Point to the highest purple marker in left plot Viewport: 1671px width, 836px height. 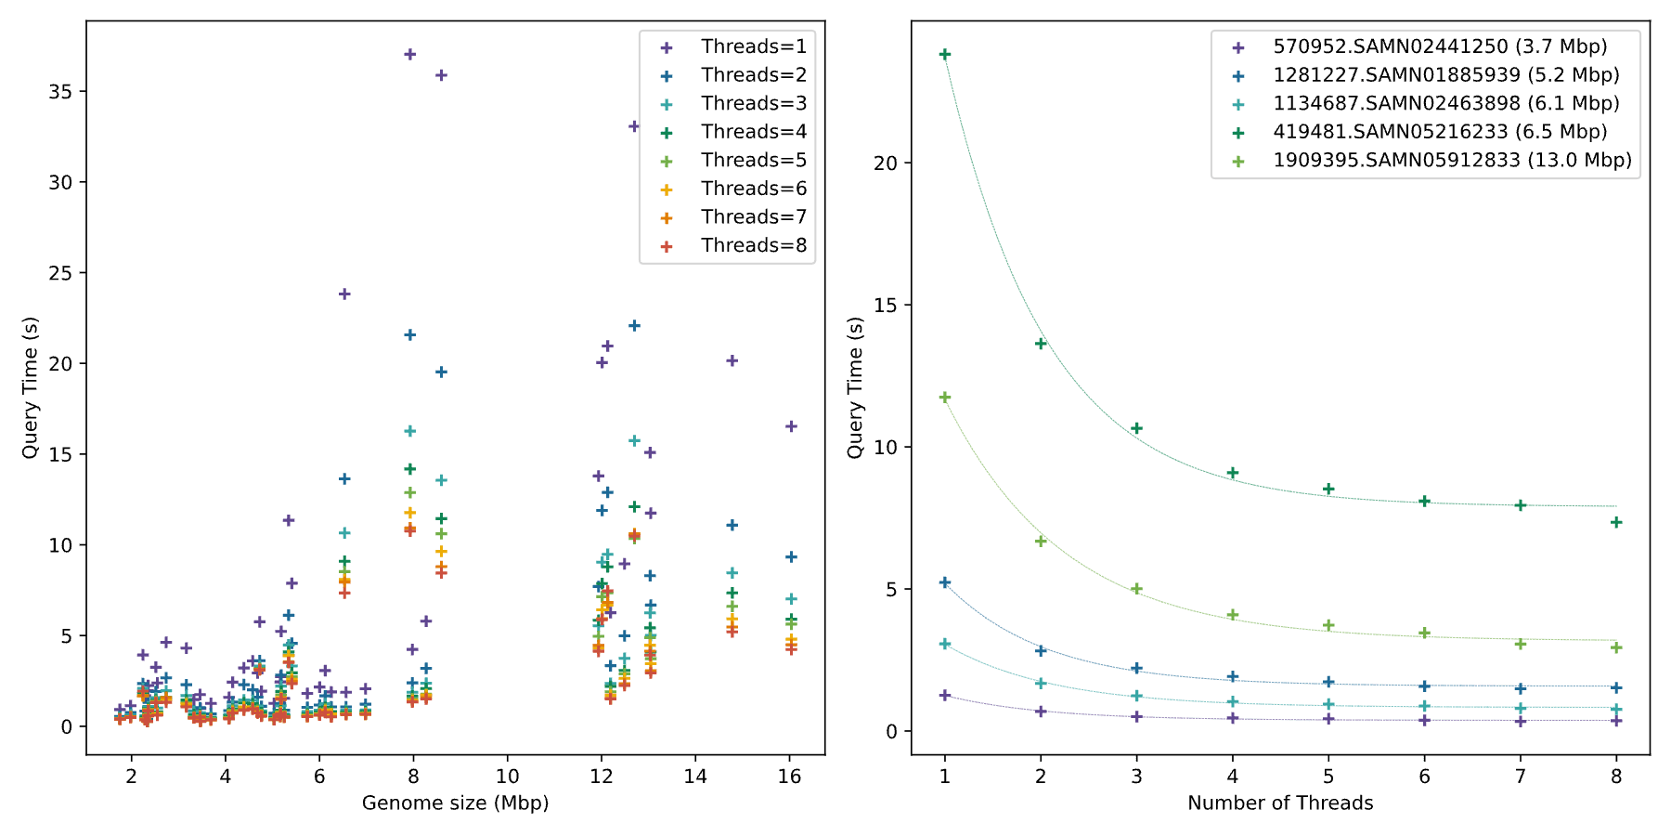point(409,54)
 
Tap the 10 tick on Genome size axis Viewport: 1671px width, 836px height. point(507,777)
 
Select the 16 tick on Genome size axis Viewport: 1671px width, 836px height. point(789,777)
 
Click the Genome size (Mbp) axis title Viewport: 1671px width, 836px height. point(455,803)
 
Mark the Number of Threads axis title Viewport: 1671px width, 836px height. point(1280,803)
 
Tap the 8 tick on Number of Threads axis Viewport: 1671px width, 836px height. point(1616,777)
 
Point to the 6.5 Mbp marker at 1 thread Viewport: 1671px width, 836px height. point(945,55)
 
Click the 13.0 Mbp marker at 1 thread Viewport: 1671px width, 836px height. point(945,398)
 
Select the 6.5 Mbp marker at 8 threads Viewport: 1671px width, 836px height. point(1616,522)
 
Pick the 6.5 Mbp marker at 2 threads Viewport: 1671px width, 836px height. point(1041,343)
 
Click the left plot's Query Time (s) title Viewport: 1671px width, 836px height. point(30,387)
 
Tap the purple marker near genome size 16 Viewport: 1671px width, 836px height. point(791,426)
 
